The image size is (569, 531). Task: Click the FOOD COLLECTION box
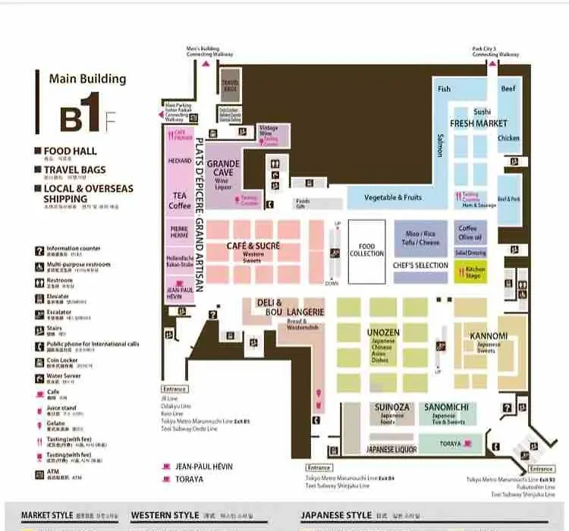[x=366, y=250]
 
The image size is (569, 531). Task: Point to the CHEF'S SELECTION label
[x=420, y=265]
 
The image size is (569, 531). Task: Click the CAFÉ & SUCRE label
[x=253, y=247]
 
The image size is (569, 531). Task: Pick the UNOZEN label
[x=383, y=332]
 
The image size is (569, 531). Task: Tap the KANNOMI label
[x=489, y=336]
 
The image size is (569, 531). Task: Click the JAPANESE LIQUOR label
[x=391, y=450]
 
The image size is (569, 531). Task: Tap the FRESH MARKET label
[x=478, y=123]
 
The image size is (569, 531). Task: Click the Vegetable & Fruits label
[x=393, y=198]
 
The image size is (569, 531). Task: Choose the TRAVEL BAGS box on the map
[x=230, y=86]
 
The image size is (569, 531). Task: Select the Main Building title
[x=87, y=79]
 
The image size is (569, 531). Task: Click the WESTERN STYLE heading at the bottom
[x=165, y=516]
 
